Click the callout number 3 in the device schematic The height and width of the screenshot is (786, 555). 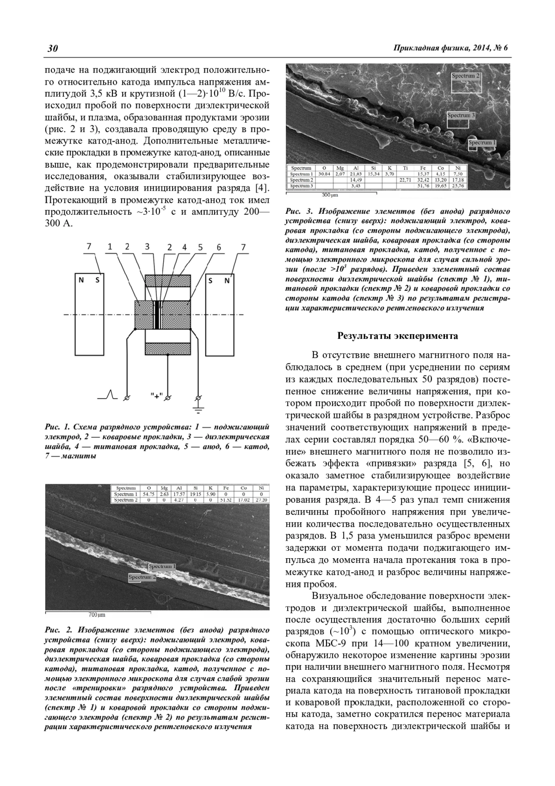click(x=147, y=247)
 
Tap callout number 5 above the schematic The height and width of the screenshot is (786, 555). click(x=200, y=247)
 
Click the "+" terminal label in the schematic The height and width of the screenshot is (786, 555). click(x=157, y=396)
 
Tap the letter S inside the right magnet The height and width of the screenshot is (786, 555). click(x=211, y=280)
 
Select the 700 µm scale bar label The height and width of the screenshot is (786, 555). click(x=97, y=615)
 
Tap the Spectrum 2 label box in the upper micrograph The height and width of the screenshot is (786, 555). click(x=466, y=75)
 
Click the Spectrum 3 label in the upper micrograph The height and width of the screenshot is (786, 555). click(x=461, y=115)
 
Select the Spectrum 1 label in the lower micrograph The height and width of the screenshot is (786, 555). click(x=162, y=566)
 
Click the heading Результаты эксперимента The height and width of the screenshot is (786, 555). click(x=398, y=336)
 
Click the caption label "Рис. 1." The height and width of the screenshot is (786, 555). click(x=56, y=427)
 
